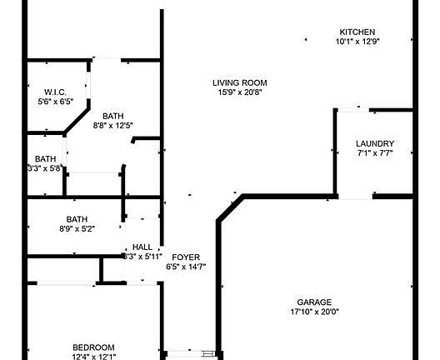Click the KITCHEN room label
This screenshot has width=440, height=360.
(x=357, y=32)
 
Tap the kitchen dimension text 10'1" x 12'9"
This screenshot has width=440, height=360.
(x=357, y=42)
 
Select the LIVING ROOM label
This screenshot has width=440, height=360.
(x=240, y=82)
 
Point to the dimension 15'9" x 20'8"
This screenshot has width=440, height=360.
(x=240, y=92)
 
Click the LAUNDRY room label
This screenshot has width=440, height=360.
(x=375, y=143)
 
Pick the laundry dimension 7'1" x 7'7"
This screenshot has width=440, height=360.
(x=375, y=153)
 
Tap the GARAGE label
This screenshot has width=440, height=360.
(x=314, y=302)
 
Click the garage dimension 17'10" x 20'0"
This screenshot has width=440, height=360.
(x=314, y=312)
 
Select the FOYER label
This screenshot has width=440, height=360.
(x=186, y=257)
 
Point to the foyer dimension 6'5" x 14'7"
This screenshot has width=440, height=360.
(x=186, y=267)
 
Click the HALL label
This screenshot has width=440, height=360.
(x=142, y=247)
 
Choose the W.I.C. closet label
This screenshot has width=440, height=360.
(x=55, y=92)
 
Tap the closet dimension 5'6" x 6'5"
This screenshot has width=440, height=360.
(x=56, y=102)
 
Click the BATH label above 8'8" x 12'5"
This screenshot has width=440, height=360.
(x=112, y=116)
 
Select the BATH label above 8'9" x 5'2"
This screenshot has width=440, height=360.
(x=77, y=219)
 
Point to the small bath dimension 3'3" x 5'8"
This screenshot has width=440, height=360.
(x=44, y=168)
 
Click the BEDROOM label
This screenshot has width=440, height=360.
(x=93, y=347)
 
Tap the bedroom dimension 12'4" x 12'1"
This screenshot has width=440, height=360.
(x=93, y=357)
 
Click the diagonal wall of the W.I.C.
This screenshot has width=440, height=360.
(x=77, y=120)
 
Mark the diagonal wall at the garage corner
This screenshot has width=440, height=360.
(x=230, y=208)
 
